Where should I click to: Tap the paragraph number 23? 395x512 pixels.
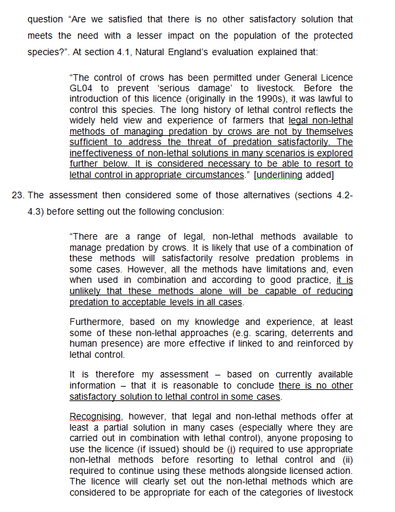point(18,195)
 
